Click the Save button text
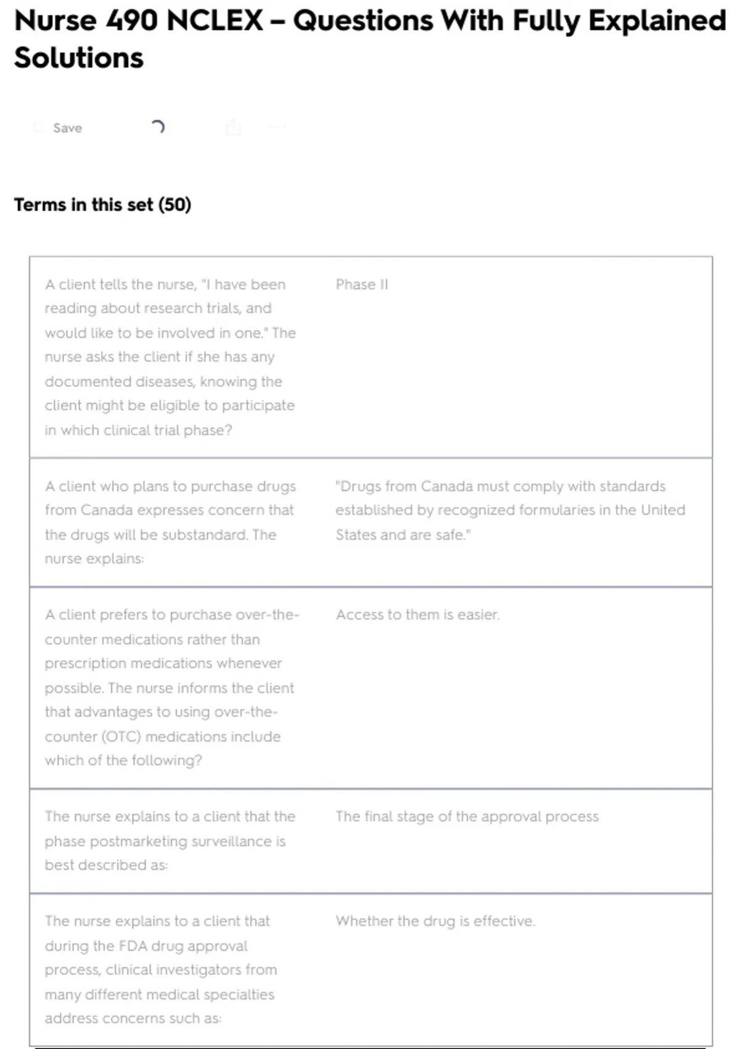tap(67, 128)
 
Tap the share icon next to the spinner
tap(233, 128)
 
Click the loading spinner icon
tap(158, 127)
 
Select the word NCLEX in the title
tap(215, 21)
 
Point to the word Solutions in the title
tap(79, 58)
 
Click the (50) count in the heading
tap(175, 205)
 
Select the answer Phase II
tap(362, 284)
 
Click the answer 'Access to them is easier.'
tap(417, 615)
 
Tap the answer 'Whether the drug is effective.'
tap(435, 921)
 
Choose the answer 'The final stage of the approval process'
tap(467, 816)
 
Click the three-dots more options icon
tap(278, 128)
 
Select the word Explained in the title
tap(657, 21)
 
